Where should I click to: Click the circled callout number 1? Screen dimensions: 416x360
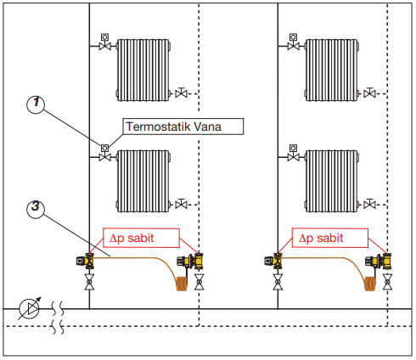(36, 104)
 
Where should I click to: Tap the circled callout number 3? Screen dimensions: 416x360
(36, 209)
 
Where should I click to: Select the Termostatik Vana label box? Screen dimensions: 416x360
(183, 127)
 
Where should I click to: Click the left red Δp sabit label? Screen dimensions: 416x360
(141, 238)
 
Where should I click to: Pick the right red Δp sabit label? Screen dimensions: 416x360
(330, 238)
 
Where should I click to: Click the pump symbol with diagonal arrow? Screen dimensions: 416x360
(30, 308)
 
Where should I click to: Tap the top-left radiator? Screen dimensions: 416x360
(143, 70)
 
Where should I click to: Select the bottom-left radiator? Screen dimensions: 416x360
(143, 181)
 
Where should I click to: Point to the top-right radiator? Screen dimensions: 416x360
(332, 70)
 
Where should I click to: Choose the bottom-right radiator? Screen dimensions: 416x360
(332, 181)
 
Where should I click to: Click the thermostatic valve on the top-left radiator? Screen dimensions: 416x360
(104, 42)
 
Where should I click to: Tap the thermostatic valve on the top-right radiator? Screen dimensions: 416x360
(294, 42)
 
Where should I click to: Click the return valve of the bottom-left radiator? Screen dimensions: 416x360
(181, 204)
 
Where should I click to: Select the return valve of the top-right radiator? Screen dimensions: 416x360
(369, 93)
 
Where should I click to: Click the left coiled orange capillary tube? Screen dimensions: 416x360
(182, 284)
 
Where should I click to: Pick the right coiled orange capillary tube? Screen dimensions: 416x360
(370, 284)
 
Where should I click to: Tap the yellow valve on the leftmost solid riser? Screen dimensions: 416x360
(86, 261)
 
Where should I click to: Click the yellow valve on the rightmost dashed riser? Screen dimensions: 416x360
(379, 261)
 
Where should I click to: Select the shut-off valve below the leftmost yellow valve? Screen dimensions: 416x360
(89, 282)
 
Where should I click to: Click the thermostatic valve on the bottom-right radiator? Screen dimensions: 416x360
(294, 153)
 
